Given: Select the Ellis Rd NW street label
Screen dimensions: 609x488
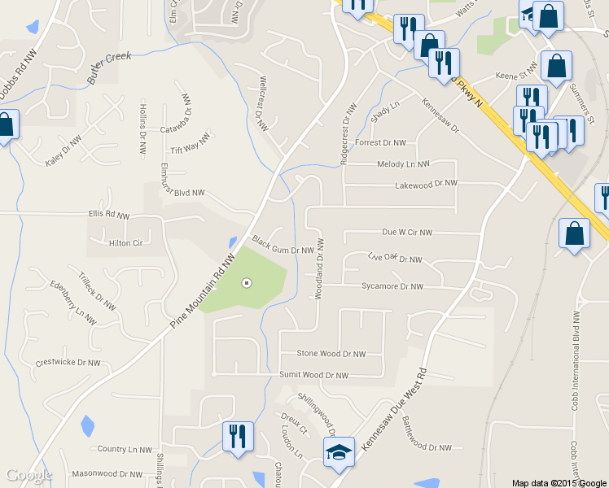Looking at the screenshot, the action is pyautogui.click(x=109, y=216).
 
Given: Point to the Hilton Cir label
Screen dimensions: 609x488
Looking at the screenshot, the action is pyautogui.click(x=125, y=242).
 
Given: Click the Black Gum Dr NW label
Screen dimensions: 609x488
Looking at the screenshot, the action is pyautogui.click(x=283, y=245).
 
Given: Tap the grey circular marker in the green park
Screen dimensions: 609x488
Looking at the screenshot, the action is pyautogui.click(x=248, y=283).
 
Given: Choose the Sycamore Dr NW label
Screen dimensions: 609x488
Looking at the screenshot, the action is pyautogui.click(x=392, y=286).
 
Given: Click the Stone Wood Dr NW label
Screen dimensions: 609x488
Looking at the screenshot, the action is pyautogui.click(x=331, y=354).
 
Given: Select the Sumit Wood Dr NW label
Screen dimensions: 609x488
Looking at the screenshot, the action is pyautogui.click(x=313, y=375).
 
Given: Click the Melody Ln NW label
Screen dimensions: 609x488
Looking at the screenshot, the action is pyautogui.click(x=403, y=163).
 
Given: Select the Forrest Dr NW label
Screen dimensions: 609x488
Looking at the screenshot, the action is pyautogui.click(x=380, y=142).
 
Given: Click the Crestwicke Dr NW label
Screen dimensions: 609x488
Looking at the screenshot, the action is pyautogui.click(x=68, y=362).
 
